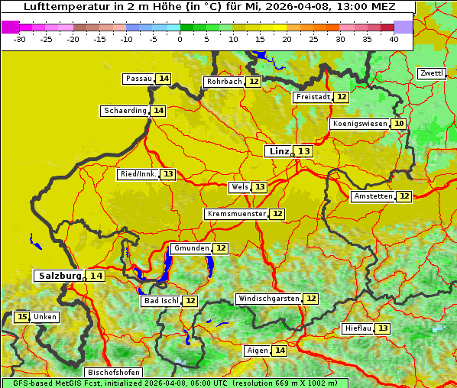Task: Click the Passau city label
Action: pyautogui.click(x=138, y=79)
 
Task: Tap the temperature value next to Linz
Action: pyautogui.click(x=304, y=151)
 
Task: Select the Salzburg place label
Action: pyautogui.click(x=60, y=276)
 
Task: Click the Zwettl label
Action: pyautogui.click(x=431, y=73)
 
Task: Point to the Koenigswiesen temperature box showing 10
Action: pyautogui.click(x=399, y=124)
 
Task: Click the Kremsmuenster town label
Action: pyautogui.click(x=236, y=214)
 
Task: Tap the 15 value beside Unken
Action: pyautogui.click(x=21, y=317)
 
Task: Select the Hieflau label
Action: pyautogui.click(x=358, y=328)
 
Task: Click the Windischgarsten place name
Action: pyautogui.click(x=268, y=299)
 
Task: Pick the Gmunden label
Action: pyautogui.click(x=190, y=248)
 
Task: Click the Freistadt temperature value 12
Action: pyautogui.click(x=342, y=97)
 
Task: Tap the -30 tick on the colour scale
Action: pyautogui.click(x=20, y=39)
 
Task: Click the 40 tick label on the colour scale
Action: pyautogui.click(x=394, y=39)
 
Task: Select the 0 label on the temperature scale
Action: pyautogui.click(x=180, y=39)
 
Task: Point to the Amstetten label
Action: pyautogui.click(x=373, y=196)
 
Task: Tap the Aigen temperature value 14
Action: pyautogui.click(x=280, y=351)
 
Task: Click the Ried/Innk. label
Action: pyautogui.click(x=138, y=174)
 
